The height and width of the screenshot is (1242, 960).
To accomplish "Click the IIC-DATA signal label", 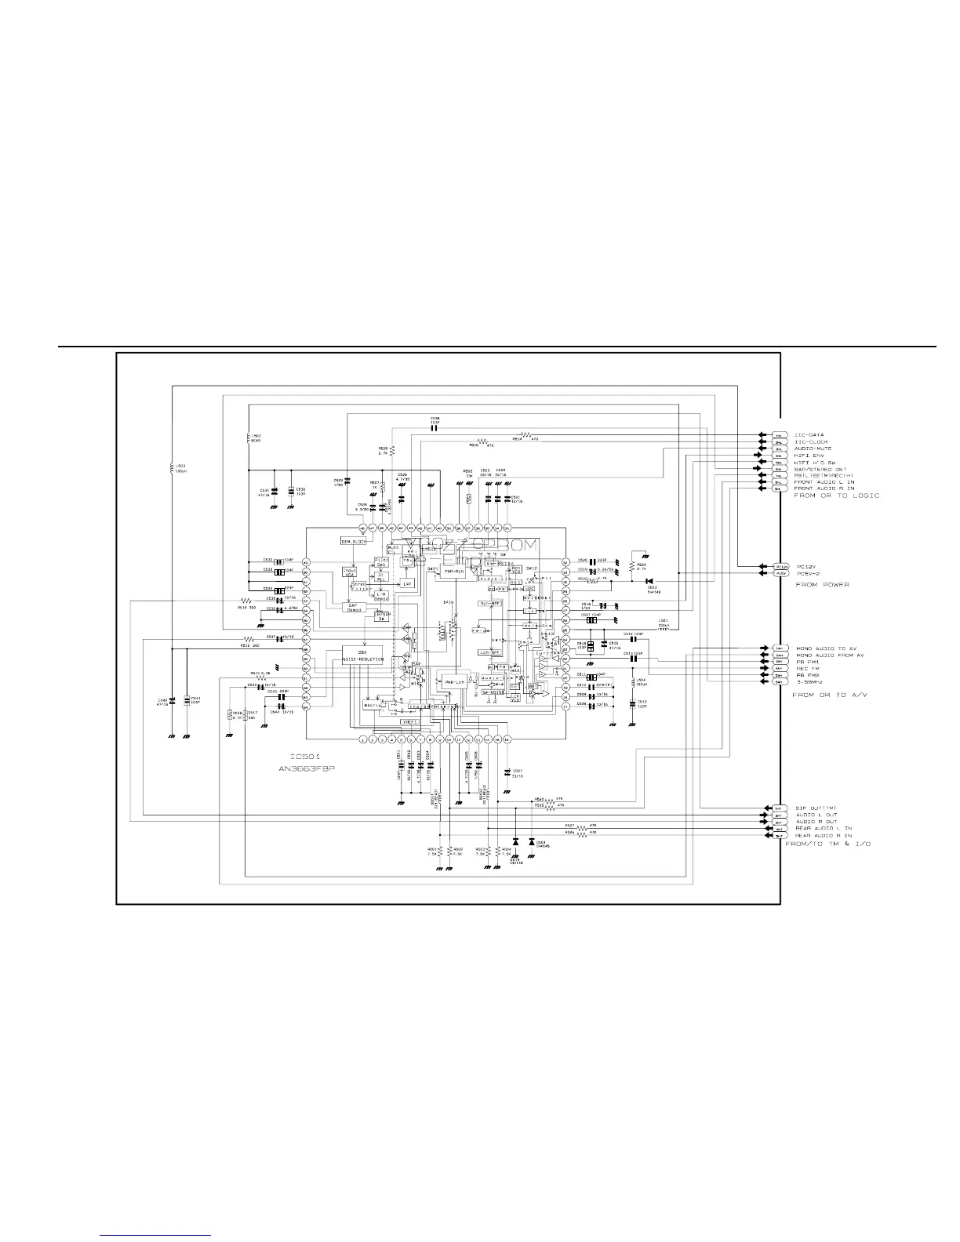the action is click(809, 435).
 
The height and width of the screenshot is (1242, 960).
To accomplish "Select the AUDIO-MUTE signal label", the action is click(812, 448).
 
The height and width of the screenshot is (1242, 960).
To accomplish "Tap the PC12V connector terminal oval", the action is click(780, 566).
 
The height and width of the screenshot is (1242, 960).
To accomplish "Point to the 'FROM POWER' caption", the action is click(822, 585).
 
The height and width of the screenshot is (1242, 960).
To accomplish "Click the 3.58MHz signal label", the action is click(810, 682).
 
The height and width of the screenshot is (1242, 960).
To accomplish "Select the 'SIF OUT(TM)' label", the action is click(816, 808).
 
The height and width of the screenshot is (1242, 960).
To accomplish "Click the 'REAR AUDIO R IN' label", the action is click(824, 836).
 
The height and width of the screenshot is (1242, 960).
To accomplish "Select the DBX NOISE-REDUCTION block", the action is click(362, 655).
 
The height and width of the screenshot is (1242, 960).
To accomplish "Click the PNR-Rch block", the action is click(449, 572).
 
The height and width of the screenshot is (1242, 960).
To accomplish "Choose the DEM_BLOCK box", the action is click(354, 542).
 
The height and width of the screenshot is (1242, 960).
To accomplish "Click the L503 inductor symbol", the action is click(172, 468).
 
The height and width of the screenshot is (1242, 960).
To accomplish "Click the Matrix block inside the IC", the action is click(372, 705).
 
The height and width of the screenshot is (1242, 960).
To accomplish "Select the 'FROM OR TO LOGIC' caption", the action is click(836, 496).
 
